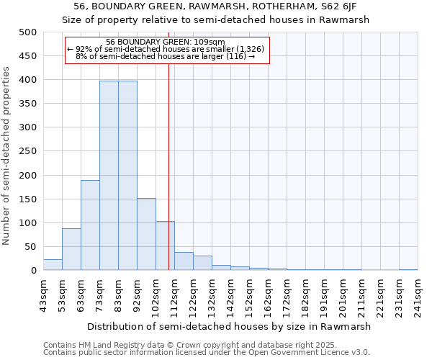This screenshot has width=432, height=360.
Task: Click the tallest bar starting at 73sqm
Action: coord(109,176)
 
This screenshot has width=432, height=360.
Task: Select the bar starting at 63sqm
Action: coord(90,225)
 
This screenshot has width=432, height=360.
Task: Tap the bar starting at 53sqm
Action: coord(71,249)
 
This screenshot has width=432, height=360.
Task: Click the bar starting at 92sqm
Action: coord(146,234)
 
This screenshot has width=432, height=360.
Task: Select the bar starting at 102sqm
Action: coord(165,246)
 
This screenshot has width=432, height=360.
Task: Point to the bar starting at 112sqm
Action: coord(184,261)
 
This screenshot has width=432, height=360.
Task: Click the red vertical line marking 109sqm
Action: coord(168,158)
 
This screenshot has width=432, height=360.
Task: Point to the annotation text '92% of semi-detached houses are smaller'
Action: coord(166,48)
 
